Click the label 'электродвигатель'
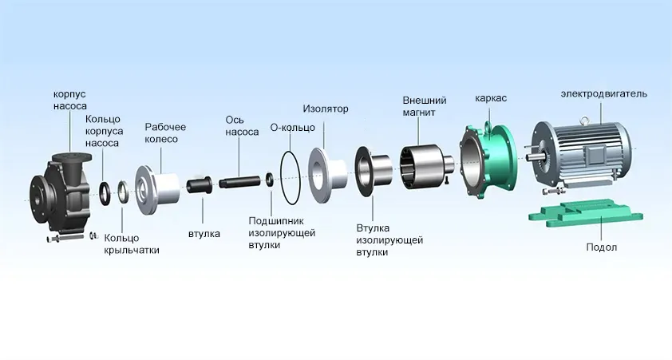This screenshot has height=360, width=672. [x=604, y=94]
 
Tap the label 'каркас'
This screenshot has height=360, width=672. [x=491, y=98]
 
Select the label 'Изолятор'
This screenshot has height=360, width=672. [x=326, y=109]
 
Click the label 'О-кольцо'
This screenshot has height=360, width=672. [x=293, y=127]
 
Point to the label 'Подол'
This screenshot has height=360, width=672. [x=601, y=247]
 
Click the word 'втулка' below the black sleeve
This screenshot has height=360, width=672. [x=204, y=234]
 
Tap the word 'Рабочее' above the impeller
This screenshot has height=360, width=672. [x=165, y=127]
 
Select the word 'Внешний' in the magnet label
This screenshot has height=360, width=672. [x=425, y=101]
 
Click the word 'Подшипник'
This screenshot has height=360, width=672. [x=276, y=221]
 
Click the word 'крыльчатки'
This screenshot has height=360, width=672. [x=132, y=250]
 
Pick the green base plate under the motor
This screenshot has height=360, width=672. [x=586, y=212]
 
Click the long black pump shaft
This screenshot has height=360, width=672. [x=239, y=181]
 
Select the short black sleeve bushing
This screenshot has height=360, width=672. [x=198, y=184]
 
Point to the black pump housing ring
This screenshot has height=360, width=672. [x=105, y=193]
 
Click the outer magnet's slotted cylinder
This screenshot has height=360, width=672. [x=419, y=167]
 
